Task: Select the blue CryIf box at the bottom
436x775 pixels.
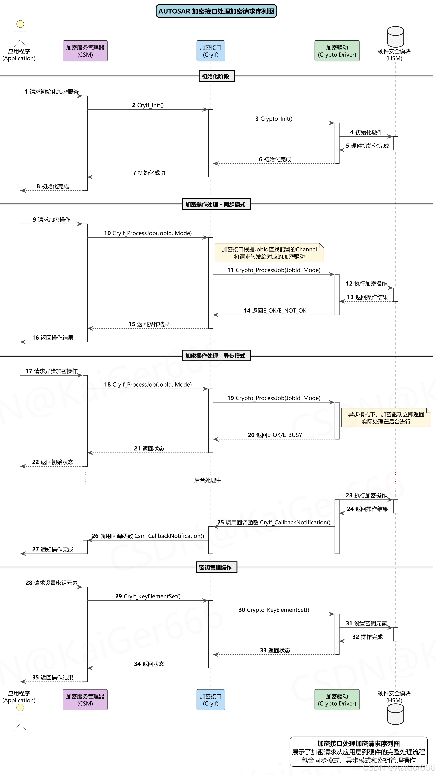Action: click(x=211, y=700)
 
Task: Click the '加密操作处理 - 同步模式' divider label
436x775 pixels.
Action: click(x=216, y=204)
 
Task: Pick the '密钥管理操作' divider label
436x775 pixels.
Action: click(x=216, y=567)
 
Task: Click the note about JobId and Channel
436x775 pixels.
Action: click(x=269, y=253)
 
